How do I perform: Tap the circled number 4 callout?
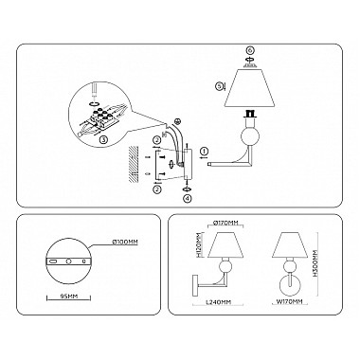[187, 199]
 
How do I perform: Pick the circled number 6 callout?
[249, 48]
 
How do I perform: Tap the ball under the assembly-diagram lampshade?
[249, 135]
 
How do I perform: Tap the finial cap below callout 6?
[249, 63]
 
